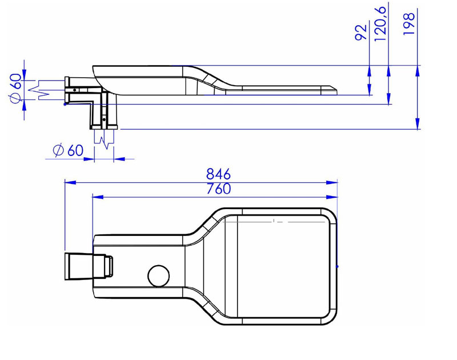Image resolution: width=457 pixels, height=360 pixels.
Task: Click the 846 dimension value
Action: pos(218,174)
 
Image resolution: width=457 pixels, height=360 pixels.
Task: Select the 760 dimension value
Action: pos(219,189)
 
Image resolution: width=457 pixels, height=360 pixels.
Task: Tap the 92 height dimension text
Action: pos(361,33)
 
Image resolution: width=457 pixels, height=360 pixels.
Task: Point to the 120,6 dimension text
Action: pos(380,23)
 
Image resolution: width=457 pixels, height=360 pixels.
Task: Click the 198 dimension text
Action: pos(408,24)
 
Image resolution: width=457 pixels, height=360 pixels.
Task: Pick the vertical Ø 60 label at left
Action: pos(16,89)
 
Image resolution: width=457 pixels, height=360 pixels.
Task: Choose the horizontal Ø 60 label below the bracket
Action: pos(68,150)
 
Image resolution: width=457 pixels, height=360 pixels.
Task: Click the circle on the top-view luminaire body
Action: pos(159,276)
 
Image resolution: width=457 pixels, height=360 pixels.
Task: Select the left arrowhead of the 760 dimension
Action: pos(98,197)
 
